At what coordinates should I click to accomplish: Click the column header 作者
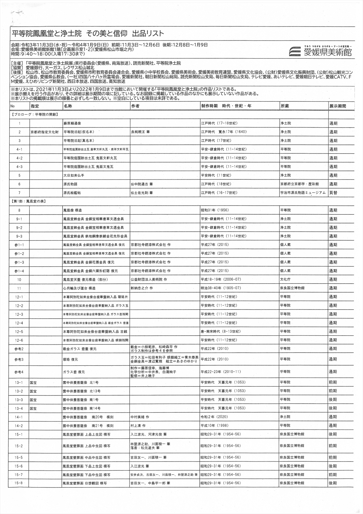coord(135,106)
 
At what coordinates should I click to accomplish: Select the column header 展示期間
coord(338,106)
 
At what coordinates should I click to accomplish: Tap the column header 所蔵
coord(285,106)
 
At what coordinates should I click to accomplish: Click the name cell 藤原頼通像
coord(72,124)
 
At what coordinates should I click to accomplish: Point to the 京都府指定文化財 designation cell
coord(44,132)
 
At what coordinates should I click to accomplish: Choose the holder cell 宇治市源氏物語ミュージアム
coord(303,193)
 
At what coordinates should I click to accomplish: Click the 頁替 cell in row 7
coord(333,193)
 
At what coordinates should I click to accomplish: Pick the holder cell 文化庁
coord(285,280)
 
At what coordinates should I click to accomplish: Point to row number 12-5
coord(19,331)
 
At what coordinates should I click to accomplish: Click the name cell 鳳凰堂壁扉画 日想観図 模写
coord(85,483)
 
